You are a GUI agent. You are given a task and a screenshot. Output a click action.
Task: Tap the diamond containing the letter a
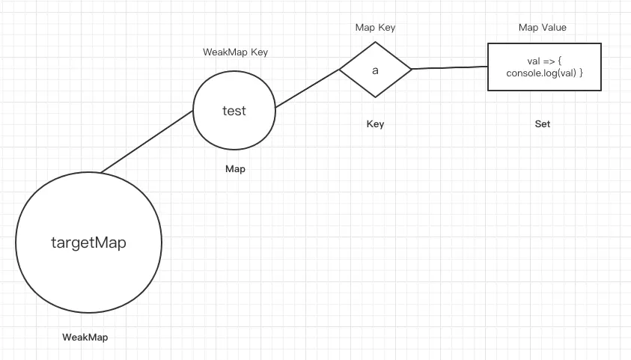click(x=375, y=82)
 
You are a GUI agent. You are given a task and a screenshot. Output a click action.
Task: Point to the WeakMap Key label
click(x=235, y=52)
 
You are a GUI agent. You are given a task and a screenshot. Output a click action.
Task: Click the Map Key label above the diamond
click(x=375, y=28)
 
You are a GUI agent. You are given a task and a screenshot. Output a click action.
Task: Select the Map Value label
click(x=543, y=28)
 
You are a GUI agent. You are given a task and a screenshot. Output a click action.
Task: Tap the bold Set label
click(x=543, y=124)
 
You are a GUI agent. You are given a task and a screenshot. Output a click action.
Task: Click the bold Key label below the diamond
click(x=375, y=124)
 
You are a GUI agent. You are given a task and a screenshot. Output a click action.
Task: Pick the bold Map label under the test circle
click(x=235, y=169)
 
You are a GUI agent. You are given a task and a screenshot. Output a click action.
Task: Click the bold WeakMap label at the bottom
click(x=85, y=338)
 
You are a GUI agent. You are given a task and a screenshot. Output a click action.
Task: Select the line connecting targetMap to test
click(x=147, y=142)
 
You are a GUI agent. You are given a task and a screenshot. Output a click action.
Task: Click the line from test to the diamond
click(x=307, y=88)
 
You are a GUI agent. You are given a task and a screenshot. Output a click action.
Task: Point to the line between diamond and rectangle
click(x=449, y=68)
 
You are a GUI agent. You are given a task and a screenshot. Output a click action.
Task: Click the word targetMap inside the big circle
click(x=88, y=242)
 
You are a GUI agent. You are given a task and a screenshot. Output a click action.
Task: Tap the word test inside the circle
click(x=234, y=111)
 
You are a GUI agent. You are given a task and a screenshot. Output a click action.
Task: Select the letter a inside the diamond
click(x=375, y=70)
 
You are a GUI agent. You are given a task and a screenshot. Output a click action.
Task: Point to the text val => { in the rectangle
click(x=544, y=60)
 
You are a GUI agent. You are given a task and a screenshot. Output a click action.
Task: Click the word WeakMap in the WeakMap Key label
click(x=222, y=52)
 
